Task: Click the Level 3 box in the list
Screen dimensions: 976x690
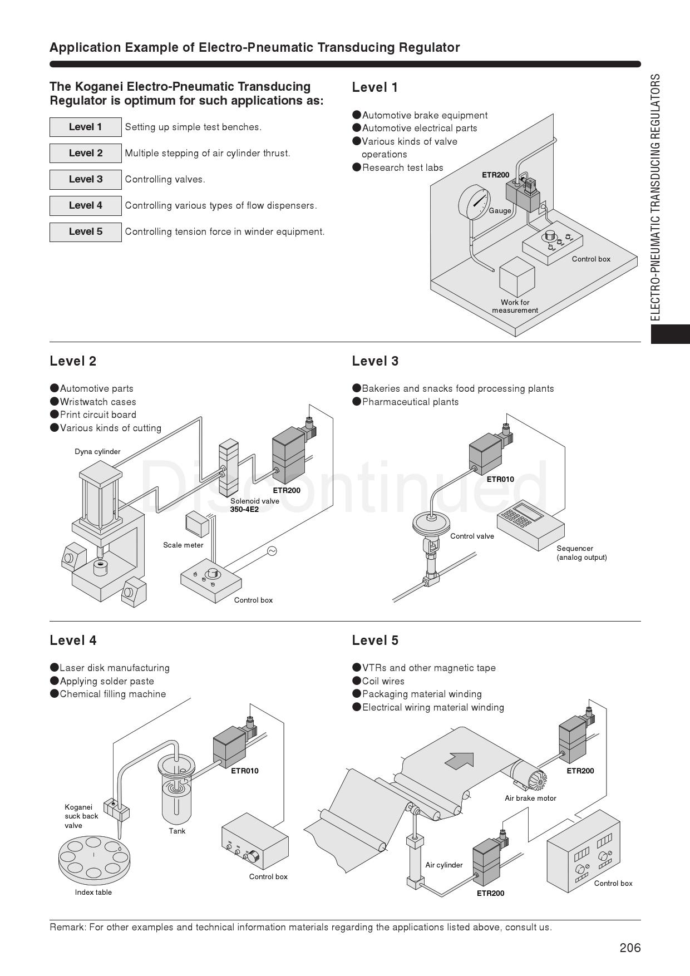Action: (x=85, y=179)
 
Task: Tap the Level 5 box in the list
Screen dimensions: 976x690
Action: (x=85, y=231)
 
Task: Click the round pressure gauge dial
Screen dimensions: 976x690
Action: (x=475, y=202)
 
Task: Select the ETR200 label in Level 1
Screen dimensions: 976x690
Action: (x=495, y=175)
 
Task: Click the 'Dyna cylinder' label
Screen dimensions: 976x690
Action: (x=97, y=451)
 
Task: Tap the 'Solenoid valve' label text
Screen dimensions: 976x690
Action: (x=254, y=501)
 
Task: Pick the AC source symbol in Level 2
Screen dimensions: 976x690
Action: (x=272, y=551)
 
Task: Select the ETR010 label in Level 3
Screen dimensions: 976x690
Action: (x=500, y=479)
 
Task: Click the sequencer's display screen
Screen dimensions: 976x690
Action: (x=528, y=511)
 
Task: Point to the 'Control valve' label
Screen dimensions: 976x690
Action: (x=472, y=536)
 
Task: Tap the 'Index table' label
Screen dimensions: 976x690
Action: (x=93, y=892)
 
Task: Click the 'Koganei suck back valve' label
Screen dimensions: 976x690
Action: (x=81, y=816)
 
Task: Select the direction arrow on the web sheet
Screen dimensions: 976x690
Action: (x=460, y=760)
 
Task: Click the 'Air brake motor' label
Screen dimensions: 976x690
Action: (x=530, y=798)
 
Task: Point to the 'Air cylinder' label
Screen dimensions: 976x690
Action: (x=443, y=865)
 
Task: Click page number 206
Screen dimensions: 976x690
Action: (x=630, y=948)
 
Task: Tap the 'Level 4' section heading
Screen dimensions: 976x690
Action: (x=73, y=640)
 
